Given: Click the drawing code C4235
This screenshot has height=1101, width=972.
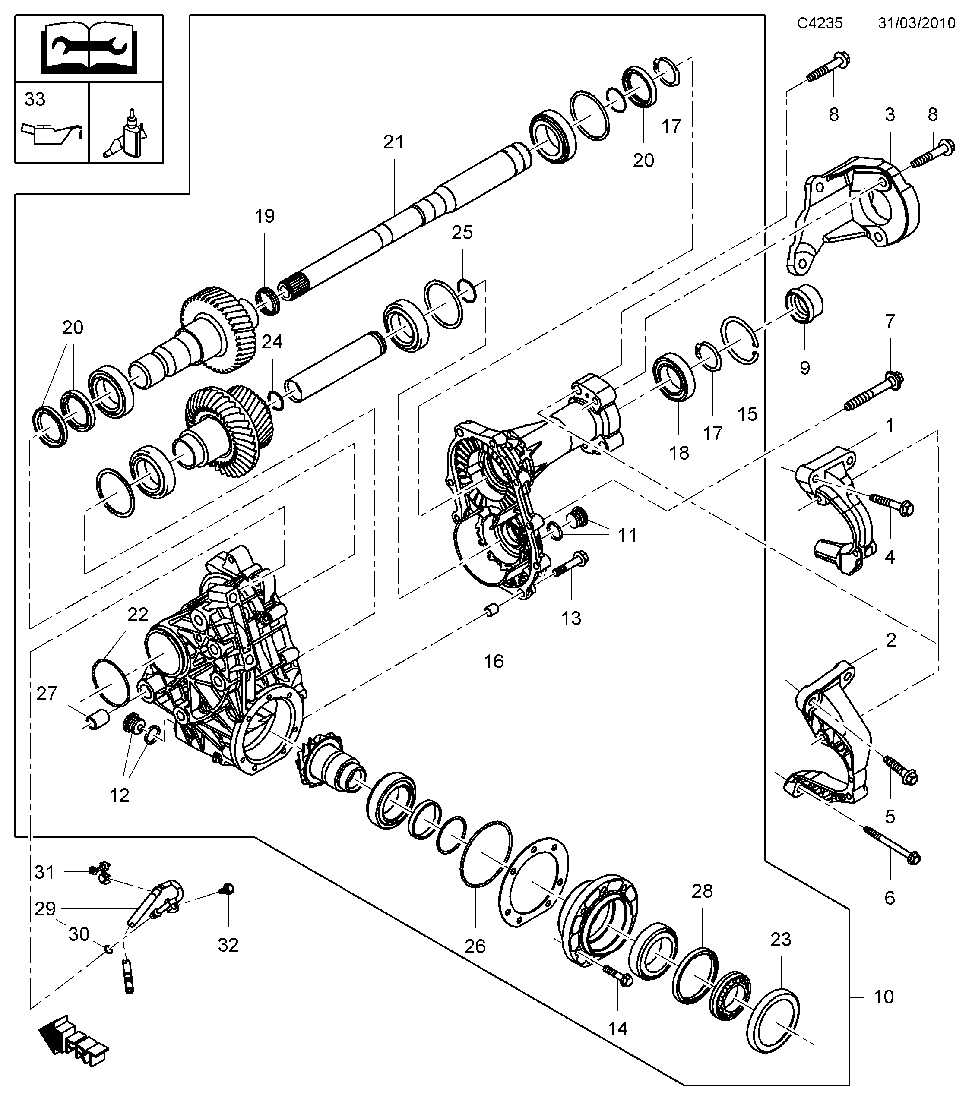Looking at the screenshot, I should click(x=820, y=23).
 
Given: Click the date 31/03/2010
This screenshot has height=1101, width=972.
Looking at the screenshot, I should click(x=916, y=23).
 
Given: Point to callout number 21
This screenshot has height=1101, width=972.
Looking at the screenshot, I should click(x=393, y=142).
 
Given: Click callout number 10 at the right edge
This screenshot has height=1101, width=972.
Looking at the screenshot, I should click(x=883, y=997).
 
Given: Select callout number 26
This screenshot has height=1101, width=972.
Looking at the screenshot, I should click(x=475, y=946).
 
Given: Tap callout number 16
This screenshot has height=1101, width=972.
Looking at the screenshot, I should click(x=494, y=661).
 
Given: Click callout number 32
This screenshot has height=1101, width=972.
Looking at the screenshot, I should click(x=228, y=944).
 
